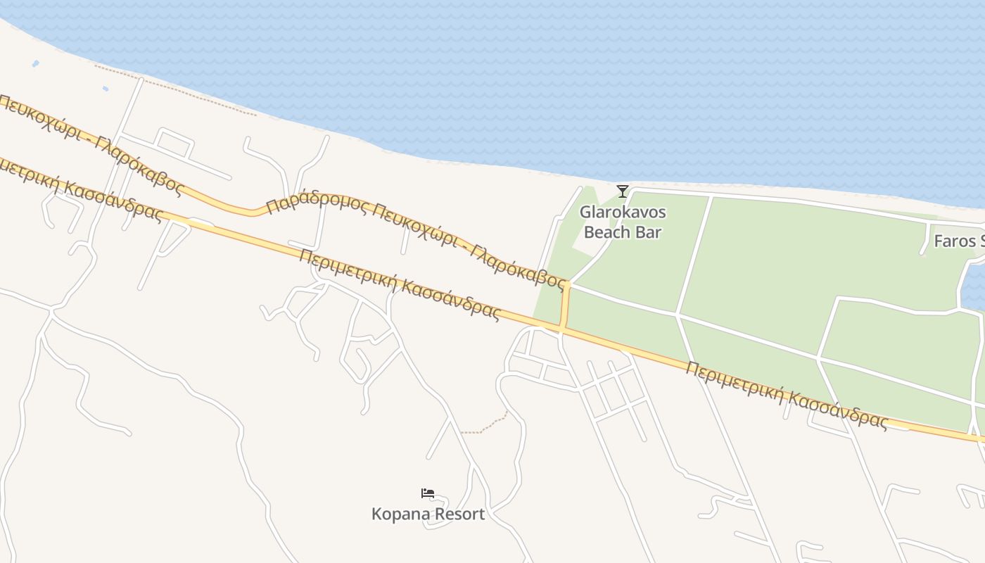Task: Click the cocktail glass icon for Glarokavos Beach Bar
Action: coord(623,191)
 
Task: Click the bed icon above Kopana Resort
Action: coord(428,493)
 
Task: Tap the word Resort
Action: coord(459,514)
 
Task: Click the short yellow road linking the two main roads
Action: coord(564,306)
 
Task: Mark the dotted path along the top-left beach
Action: coord(176,90)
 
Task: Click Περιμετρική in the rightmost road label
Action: coord(735,384)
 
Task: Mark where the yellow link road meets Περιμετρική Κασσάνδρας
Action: coord(561,327)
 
